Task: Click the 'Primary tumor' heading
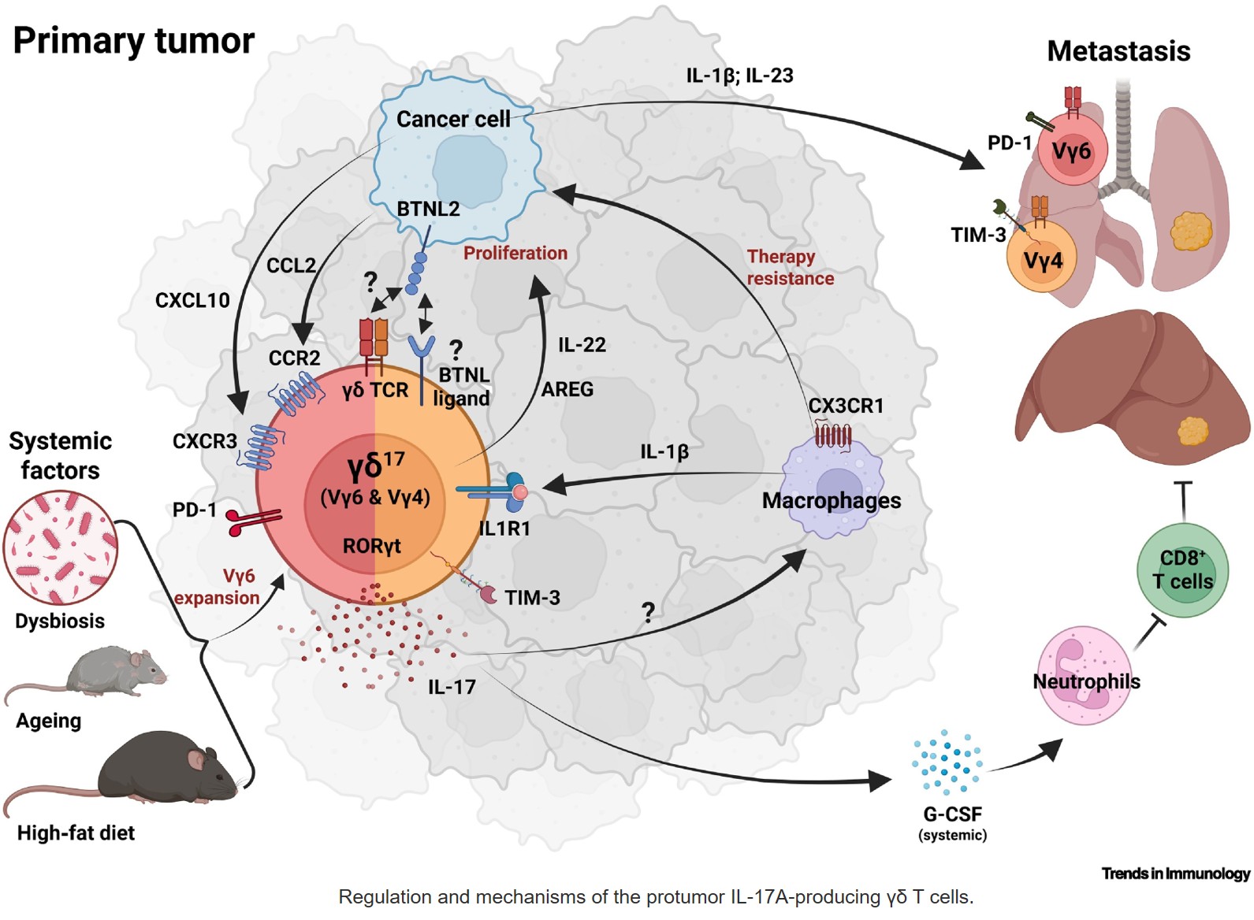click(x=134, y=41)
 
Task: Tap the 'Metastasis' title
click(x=1118, y=51)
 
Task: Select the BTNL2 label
click(x=428, y=209)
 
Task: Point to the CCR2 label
click(x=294, y=358)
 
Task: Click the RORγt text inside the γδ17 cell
click(x=371, y=546)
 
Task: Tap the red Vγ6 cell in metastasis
click(x=1072, y=150)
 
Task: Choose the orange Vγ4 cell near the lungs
click(x=1042, y=259)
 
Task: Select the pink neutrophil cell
click(x=1085, y=674)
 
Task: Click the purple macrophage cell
click(x=833, y=488)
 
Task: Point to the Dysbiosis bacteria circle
click(x=61, y=547)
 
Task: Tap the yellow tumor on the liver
click(x=1193, y=431)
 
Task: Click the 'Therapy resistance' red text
click(x=790, y=268)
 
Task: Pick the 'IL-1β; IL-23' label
click(x=739, y=76)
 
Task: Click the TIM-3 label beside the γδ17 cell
click(x=532, y=598)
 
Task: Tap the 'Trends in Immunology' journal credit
click(x=1175, y=873)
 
